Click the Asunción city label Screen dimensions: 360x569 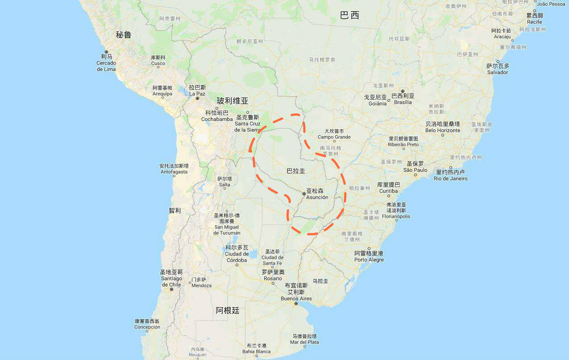click(317, 197)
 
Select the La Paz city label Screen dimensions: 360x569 click(197, 94)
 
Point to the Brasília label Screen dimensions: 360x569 click(403, 102)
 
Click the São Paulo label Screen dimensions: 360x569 click(415, 170)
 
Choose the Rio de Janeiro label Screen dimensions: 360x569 click(451, 178)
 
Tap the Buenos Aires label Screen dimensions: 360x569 click(296, 298)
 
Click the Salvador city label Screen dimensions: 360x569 click(497, 72)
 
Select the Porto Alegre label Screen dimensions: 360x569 click(369, 260)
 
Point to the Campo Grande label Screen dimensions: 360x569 click(334, 137)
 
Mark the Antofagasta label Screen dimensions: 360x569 click(174, 172)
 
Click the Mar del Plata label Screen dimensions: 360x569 click(304, 342)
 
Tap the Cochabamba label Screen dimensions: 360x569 click(217, 119)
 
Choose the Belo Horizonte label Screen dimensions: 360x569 click(442, 130)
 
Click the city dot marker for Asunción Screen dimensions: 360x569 click(304, 194)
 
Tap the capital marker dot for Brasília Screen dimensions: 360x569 click(402, 91)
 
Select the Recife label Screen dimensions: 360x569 click(534, 22)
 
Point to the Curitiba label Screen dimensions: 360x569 click(388, 191)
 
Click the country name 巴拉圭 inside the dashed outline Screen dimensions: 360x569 click(296, 171)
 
